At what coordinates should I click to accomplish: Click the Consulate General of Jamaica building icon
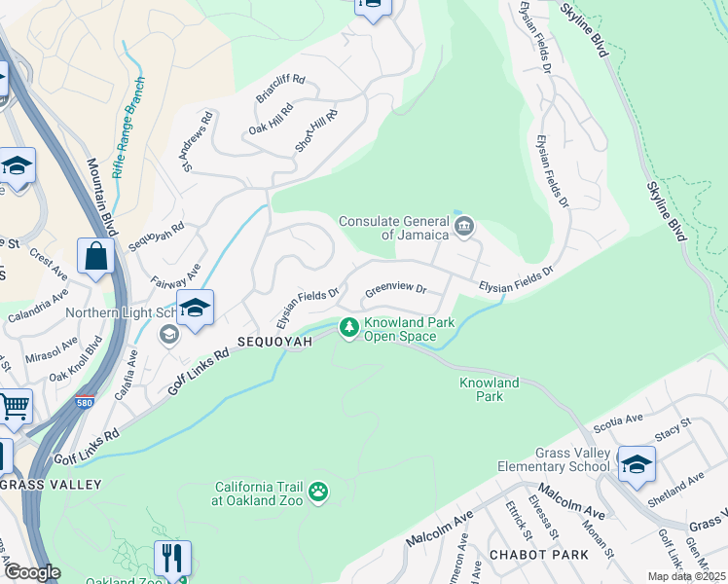coord(464,228)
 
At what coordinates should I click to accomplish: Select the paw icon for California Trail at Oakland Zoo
coord(318,494)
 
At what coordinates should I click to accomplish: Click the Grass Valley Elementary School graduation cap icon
coord(637,462)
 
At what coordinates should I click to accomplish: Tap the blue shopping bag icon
coord(96,258)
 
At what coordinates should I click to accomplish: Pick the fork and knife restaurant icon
coord(171,559)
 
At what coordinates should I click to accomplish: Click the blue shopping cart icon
coord(14,406)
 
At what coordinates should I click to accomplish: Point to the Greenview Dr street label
coord(396,289)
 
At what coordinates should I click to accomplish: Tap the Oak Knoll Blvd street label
coord(76,358)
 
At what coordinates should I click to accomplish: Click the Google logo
coord(32,573)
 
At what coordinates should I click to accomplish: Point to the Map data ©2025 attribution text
coord(687,576)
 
